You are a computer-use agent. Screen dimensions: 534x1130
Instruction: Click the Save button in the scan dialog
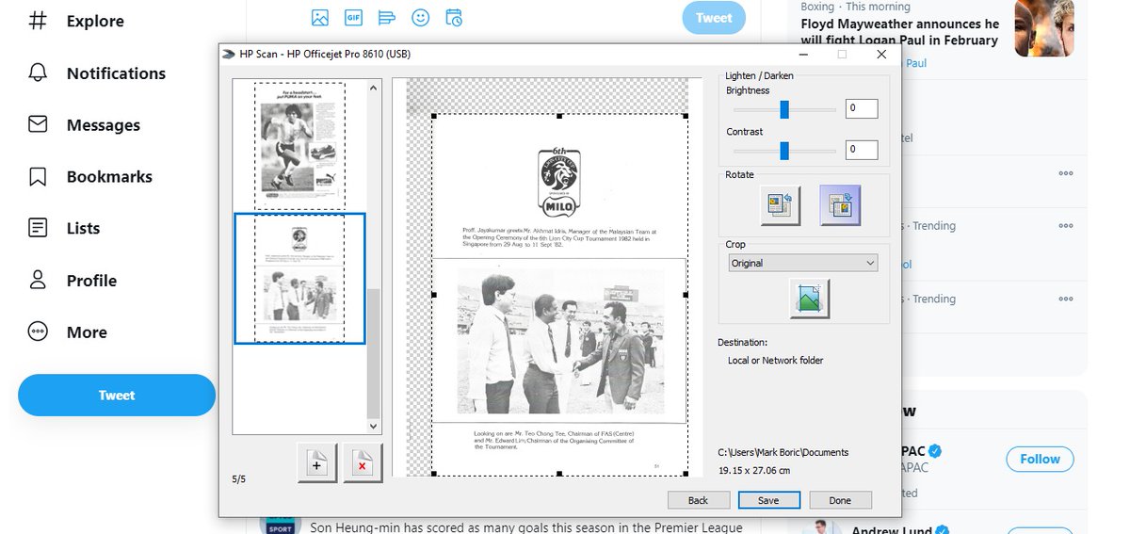coord(768,500)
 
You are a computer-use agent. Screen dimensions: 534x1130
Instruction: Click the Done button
coord(840,500)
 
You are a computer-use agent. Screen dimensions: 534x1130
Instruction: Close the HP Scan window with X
coord(881,55)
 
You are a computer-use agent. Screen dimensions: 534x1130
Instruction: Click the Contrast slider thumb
coord(783,150)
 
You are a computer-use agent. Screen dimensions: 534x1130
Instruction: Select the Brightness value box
coord(862,108)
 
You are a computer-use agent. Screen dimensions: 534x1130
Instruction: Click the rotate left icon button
coord(781,205)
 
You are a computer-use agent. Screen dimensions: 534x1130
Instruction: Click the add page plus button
coord(316,463)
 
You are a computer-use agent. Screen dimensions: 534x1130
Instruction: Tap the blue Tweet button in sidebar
coord(117,396)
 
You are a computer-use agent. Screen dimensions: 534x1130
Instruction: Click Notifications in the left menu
coord(115,73)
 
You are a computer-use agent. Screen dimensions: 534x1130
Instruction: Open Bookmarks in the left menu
coord(108,177)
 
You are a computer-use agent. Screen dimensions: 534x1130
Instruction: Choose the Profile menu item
coord(91,281)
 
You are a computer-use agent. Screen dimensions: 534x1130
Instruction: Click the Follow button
coord(1040,459)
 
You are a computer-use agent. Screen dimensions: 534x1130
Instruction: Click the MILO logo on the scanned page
coord(558,182)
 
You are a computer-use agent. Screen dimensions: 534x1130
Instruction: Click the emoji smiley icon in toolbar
coord(420,18)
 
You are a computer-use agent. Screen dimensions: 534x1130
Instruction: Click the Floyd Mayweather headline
coord(899,32)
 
